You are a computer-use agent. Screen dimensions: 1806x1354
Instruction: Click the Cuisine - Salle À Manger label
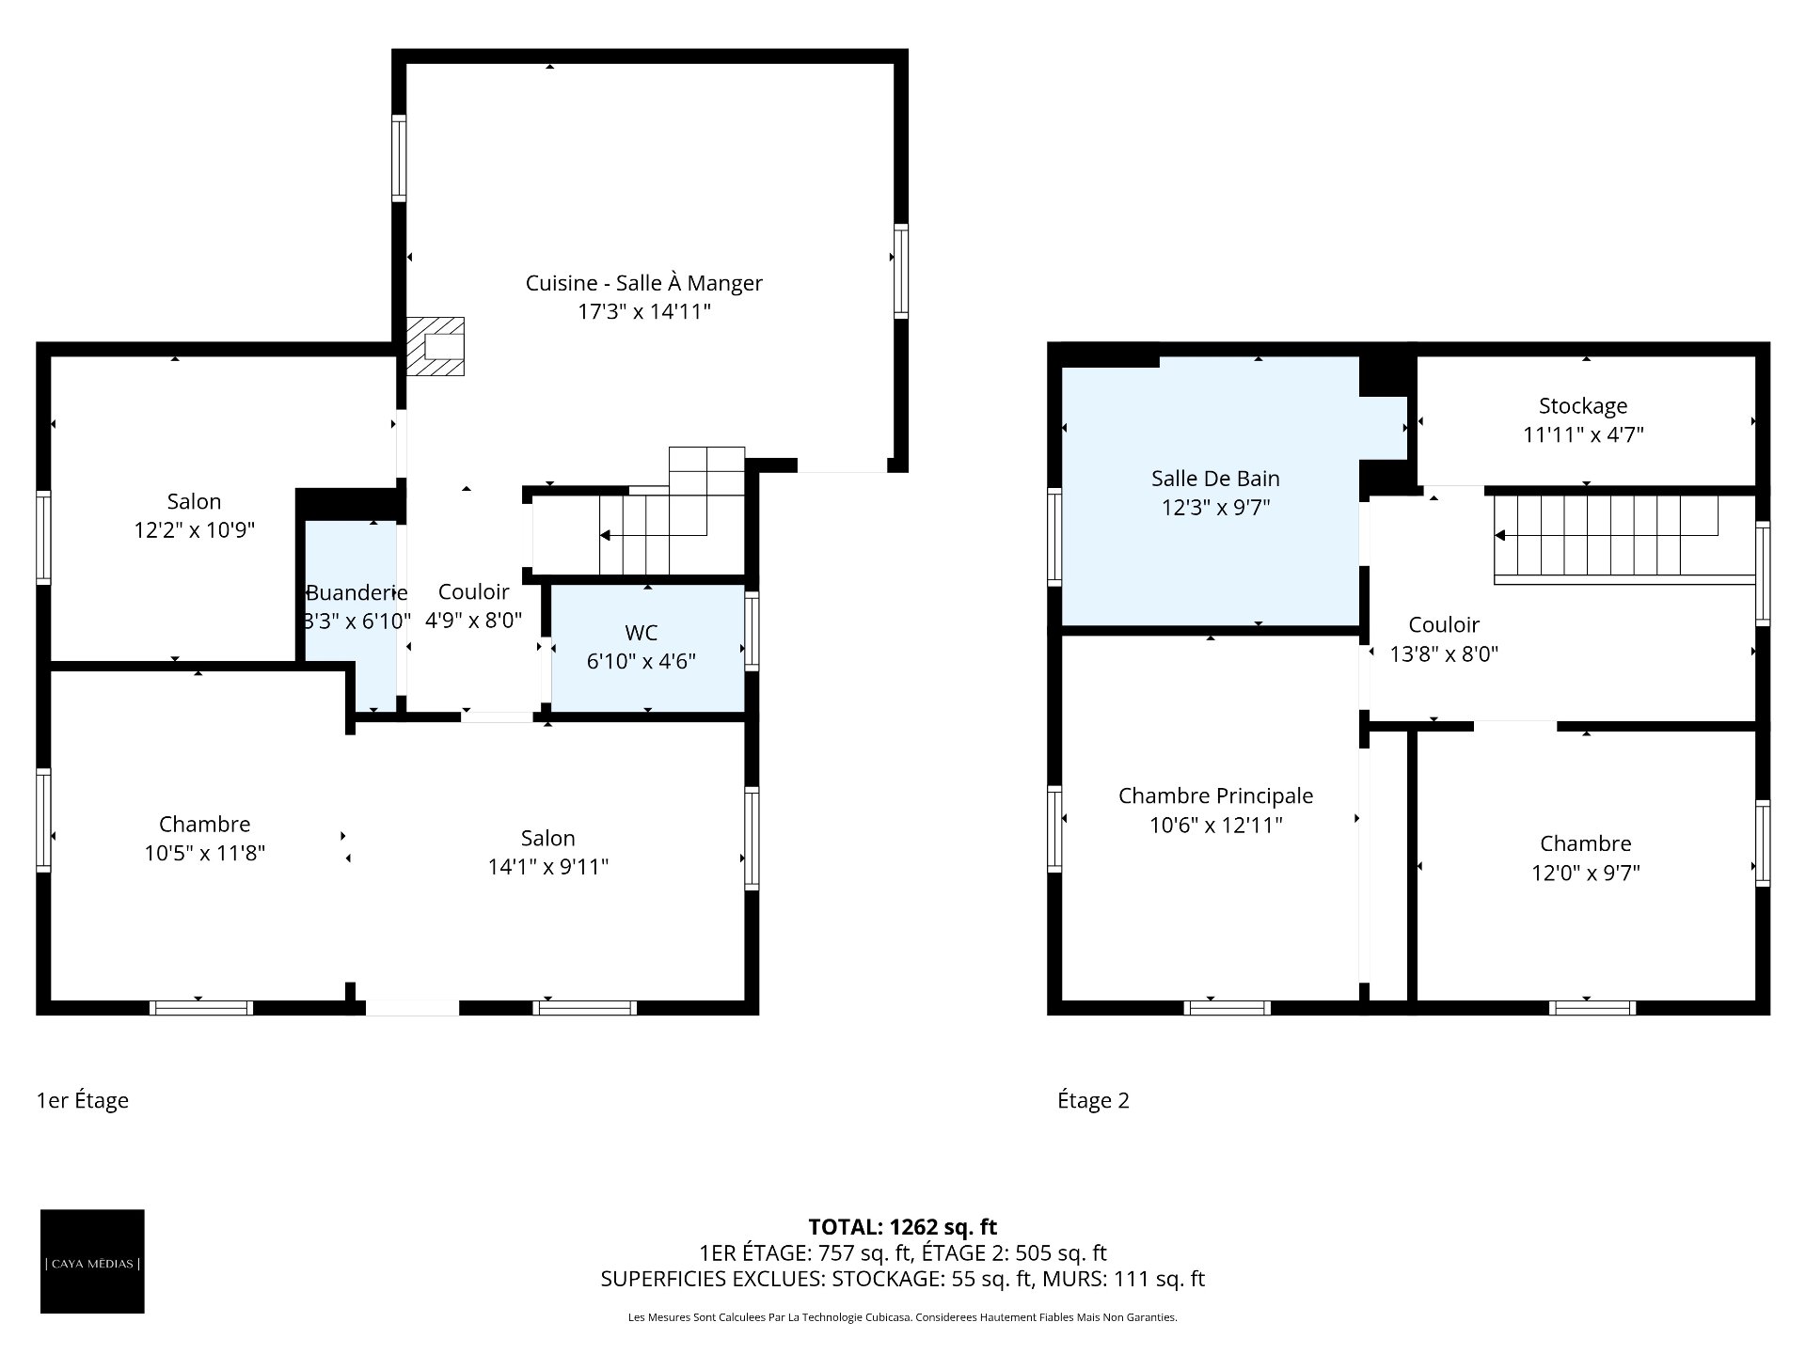(x=643, y=283)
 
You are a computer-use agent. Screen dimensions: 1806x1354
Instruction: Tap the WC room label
(x=641, y=633)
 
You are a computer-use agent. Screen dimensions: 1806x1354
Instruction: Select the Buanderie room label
(x=356, y=592)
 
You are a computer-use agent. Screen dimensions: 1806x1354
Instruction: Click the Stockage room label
(x=1583, y=406)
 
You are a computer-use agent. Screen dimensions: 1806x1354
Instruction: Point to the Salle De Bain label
(x=1215, y=479)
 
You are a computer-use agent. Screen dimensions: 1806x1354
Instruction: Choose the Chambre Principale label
(x=1215, y=796)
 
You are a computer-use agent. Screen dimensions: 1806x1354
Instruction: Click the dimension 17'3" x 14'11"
(x=643, y=312)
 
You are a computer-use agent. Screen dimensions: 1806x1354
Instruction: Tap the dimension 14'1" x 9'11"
(x=547, y=867)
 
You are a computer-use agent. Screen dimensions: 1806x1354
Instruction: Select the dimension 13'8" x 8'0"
(x=1444, y=654)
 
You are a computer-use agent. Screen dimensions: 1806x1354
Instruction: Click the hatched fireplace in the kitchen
(x=435, y=346)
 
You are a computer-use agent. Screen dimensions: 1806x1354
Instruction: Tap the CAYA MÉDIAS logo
(x=92, y=1261)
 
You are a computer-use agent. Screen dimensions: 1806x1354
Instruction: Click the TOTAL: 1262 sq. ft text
(x=903, y=1227)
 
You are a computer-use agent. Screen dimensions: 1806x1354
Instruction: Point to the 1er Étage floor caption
(x=83, y=1100)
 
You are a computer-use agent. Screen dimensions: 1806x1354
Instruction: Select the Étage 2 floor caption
(x=1093, y=1100)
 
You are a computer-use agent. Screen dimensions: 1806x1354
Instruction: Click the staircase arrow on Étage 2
(x=1607, y=535)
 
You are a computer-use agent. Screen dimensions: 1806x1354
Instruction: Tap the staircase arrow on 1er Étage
(x=654, y=535)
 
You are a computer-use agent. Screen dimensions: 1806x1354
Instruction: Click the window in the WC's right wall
(x=752, y=630)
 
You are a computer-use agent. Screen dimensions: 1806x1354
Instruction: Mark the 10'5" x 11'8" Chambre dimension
(x=204, y=854)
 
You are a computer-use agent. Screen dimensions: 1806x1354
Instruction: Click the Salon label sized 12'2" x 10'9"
(x=194, y=501)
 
